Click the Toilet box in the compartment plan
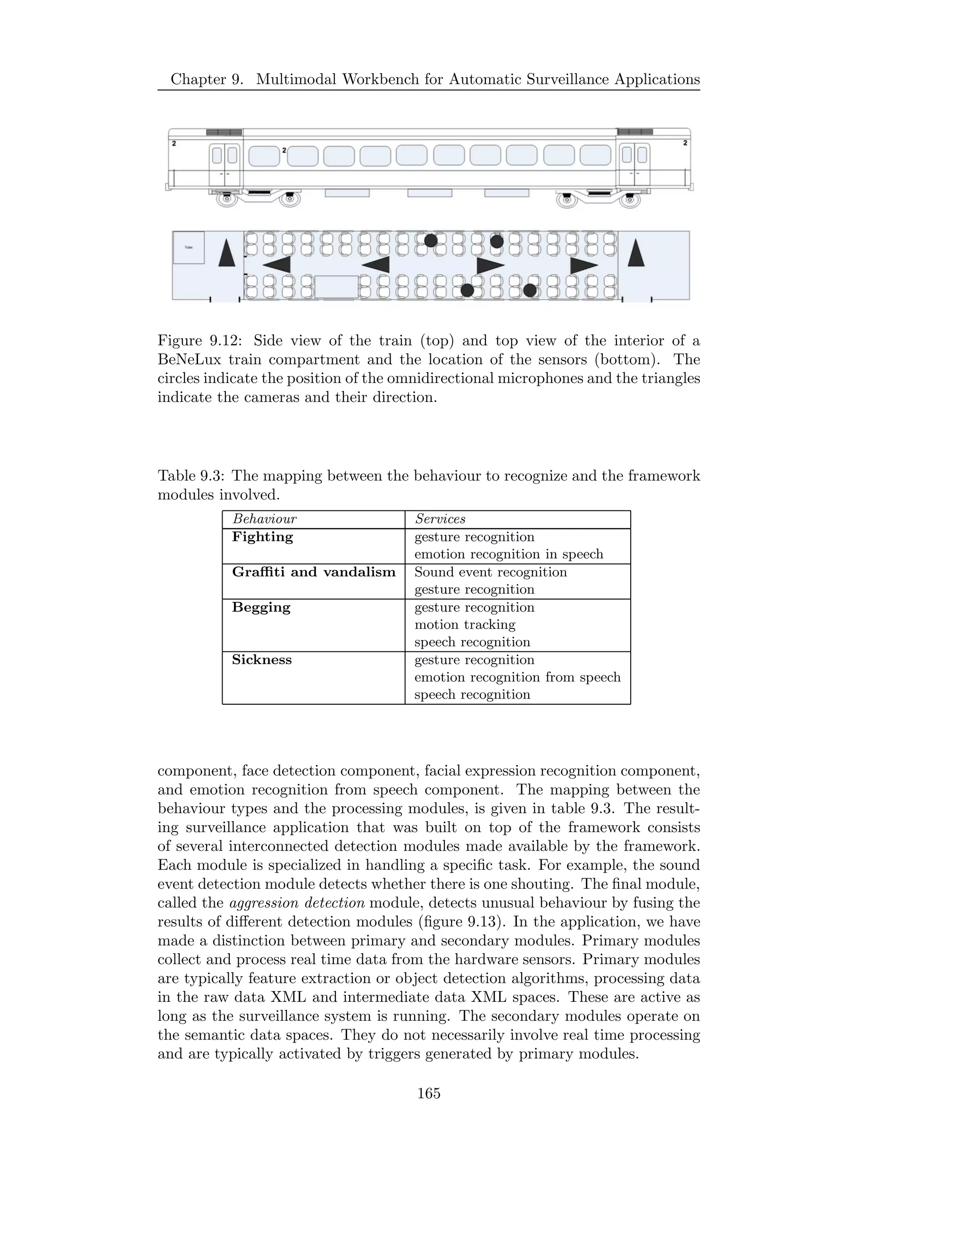188,248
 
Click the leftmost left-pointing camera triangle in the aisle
277,265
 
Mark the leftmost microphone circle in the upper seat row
431,241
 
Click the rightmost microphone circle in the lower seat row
530,291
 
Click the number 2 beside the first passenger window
284,150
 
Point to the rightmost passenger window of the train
595,155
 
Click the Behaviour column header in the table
265,519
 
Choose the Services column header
440,519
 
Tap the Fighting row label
262,537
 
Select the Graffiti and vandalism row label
314,572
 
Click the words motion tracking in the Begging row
465,625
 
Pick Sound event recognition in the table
491,572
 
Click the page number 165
429,1094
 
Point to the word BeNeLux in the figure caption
190,360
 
